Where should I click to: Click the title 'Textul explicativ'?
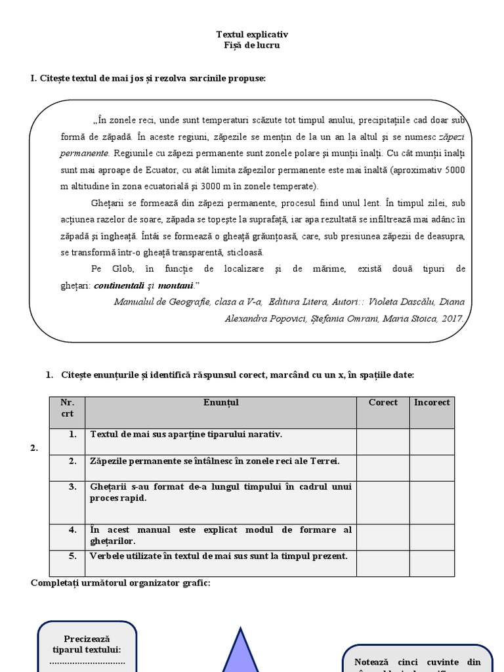point(252,34)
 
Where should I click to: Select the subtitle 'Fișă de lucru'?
point(252,45)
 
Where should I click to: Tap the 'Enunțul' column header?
point(221,402)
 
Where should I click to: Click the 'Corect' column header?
point(383,402)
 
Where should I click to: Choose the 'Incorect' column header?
point(432,402)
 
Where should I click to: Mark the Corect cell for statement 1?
point(383,441)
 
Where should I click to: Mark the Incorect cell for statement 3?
point(432,502)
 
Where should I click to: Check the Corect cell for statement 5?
point(383,562)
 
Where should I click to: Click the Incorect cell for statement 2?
point(432,467)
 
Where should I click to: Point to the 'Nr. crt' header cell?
point(67,408)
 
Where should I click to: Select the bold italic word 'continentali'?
point(121,286)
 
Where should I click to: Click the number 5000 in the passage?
point(453,170)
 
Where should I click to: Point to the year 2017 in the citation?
point(450,318)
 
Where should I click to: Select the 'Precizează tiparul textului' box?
point(87,646)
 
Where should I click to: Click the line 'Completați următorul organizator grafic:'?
point(120,582)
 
